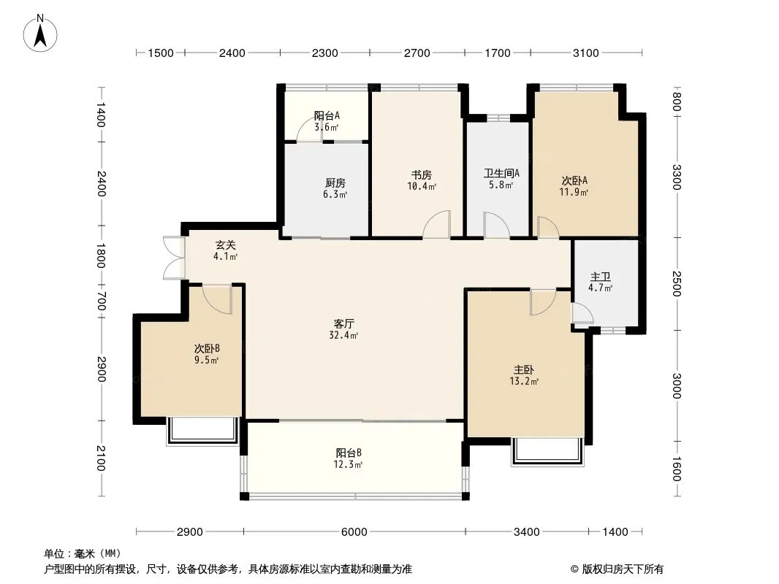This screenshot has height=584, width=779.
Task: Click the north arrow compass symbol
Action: click(40, 34)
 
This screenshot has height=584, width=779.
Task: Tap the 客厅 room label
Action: click(343, 324)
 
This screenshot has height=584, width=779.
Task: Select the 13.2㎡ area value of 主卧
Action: click(524, 382)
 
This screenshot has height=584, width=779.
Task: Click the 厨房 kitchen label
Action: click(335, 183)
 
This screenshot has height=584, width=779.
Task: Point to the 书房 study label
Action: click(422, 175)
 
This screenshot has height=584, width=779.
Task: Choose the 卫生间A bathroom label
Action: click(502, 173)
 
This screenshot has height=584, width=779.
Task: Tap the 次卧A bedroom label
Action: click(574, 180)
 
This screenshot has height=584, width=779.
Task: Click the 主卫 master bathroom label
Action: click(600, 277)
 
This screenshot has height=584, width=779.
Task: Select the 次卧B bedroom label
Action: click(207, 349)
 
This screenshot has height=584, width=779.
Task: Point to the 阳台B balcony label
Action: click(349, 453)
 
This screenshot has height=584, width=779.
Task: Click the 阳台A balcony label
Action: click(327, 115)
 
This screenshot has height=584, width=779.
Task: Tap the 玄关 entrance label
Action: click(226, 245)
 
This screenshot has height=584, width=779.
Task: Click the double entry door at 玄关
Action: click(174, 258)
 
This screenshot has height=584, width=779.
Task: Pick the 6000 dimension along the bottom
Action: click(354, 532)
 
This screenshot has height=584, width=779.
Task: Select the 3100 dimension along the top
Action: click(586, 53)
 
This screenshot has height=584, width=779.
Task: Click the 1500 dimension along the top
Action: click(161, 53)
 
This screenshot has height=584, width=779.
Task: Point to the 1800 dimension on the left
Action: click(101, 255)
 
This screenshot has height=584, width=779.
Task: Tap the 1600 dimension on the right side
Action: click(676, 469)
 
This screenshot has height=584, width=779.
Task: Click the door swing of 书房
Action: click(437, 224)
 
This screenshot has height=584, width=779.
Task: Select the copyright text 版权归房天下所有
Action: click(623, 569)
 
